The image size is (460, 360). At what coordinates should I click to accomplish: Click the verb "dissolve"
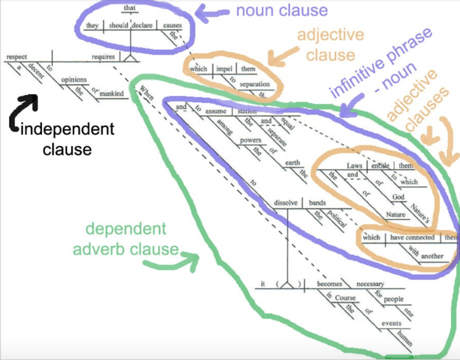tap(286, 202)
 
